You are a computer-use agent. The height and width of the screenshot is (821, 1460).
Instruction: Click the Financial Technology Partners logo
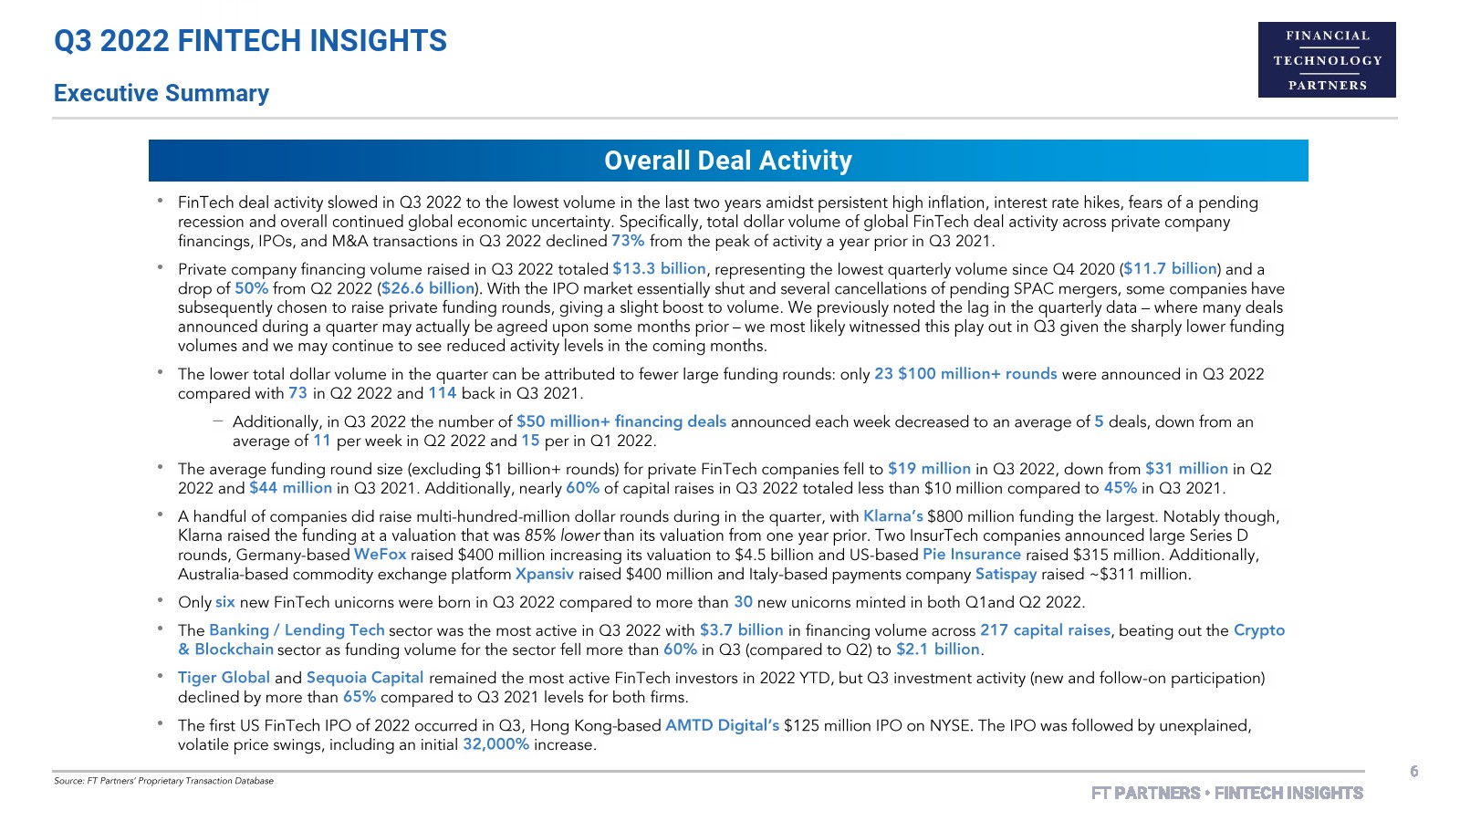(1327, 60)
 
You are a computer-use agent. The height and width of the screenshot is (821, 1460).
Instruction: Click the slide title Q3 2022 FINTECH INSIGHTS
(251, 41)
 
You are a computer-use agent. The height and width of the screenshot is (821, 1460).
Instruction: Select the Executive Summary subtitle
(162, 93)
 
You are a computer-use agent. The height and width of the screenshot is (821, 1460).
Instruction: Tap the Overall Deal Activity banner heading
(727, 161)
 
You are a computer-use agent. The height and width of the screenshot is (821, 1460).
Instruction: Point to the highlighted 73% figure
(628, 241)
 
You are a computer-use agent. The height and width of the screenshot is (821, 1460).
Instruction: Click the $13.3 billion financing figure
(659, 269)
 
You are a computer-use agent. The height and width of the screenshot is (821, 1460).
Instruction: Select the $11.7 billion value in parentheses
(1170, 269)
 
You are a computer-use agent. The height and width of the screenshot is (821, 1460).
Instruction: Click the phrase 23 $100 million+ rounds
(965, 374)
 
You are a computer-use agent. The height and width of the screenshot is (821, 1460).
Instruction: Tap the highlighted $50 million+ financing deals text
(621, 421)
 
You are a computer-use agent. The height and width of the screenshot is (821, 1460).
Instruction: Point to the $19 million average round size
(929, 469)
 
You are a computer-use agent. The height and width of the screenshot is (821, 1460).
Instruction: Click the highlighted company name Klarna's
(892, 516)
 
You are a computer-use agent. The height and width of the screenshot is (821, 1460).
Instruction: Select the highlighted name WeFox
(380, 555)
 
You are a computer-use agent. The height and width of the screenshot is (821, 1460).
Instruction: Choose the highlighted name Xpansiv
(545, 574)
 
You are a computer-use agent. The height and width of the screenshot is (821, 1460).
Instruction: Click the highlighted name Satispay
(1006, 574)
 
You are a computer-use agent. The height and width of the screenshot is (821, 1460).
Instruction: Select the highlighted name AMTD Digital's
(722, 725)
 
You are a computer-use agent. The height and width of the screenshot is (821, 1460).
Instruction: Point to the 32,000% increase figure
(495, 744)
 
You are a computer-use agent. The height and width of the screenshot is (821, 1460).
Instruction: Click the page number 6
(1413, 772)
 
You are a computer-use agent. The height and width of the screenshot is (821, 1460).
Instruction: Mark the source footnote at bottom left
(163, 781)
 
